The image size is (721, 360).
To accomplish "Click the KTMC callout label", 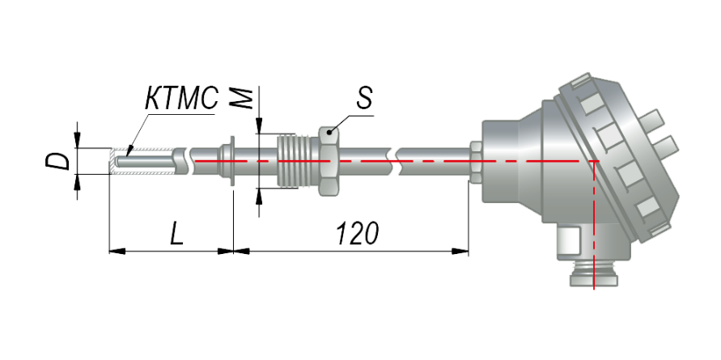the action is click(181, 98).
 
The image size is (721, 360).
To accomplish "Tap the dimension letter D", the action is click(58, 161).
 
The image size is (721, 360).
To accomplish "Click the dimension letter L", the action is click(177, 233).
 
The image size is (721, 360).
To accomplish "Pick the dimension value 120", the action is click(358, 233).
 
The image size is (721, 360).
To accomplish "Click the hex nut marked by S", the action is click(329, 161).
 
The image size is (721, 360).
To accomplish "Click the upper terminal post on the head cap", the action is click(651, 120).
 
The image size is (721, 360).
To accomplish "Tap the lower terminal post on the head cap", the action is click(665, 146).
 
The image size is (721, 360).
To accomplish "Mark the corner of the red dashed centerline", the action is click(594, 161).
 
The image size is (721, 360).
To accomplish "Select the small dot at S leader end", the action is click(329, 133).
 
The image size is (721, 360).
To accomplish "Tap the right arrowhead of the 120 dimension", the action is click(460, 252).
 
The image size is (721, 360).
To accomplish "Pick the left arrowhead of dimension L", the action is click(117, 251).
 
